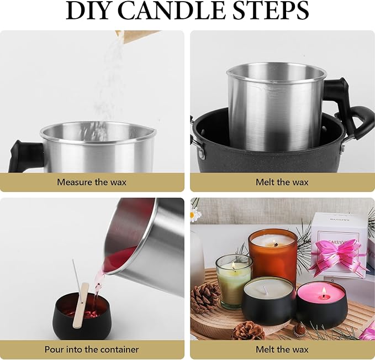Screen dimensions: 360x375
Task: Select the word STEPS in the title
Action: (271, 11)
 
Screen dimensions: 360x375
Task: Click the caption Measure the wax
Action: (92, 182)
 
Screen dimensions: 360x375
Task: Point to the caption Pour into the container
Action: (92, 349)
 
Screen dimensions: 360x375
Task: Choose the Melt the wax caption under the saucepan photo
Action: (282, 182)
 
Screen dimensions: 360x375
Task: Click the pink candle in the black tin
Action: (321, 303)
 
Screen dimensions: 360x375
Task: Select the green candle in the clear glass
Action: (233, 279)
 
